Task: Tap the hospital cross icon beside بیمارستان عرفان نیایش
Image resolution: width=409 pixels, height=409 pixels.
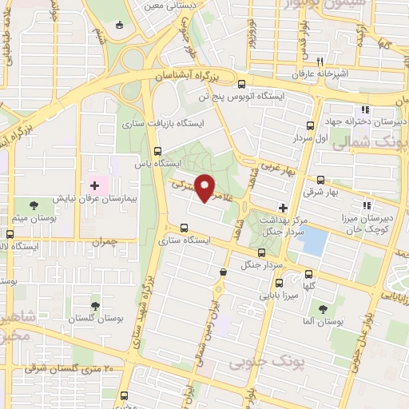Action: point(93,185)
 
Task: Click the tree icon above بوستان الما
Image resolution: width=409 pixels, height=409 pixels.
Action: point(323,309)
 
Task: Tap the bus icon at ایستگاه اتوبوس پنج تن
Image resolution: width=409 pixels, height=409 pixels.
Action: point(242,82)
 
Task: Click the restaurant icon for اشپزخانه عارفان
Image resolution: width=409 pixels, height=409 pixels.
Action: point(320,62)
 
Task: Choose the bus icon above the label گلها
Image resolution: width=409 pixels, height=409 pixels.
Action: point(308,271)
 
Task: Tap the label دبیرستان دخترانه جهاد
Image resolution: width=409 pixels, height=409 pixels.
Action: point(375,122)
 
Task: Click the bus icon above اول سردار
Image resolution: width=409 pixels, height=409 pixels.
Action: point(310,125)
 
